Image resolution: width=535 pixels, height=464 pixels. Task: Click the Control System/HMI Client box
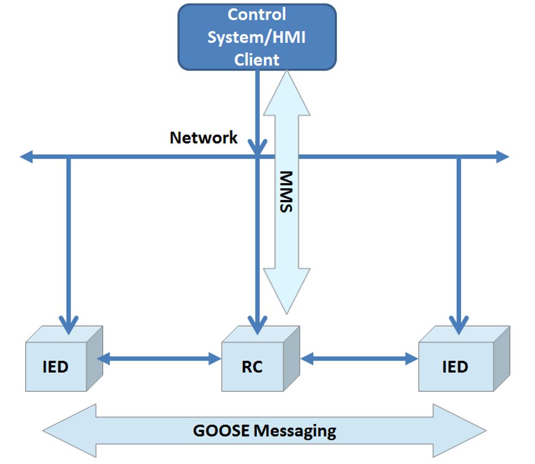tap(257, 36)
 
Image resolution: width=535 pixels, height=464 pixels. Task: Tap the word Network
tap(203, 138)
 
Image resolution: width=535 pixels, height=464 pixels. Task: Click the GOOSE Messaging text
tap(265, 430)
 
